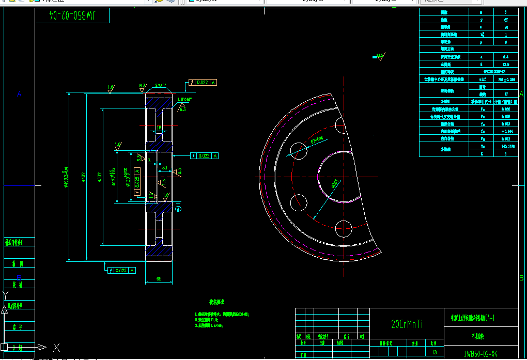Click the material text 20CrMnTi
click(x=407, y=324)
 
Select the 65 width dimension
click(x=159, y=279)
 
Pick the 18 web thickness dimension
click(x=159, y=127)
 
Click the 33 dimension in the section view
click(x=165, y=167)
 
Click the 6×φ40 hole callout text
click(x=317, y=139)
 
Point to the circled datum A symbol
click(x=179, y=208)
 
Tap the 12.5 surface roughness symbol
click(x=380, y=55)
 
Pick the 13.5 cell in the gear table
click(x=505, y=65)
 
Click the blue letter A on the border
click(x=20, y=94)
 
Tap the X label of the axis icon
click(x=57, y=348)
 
